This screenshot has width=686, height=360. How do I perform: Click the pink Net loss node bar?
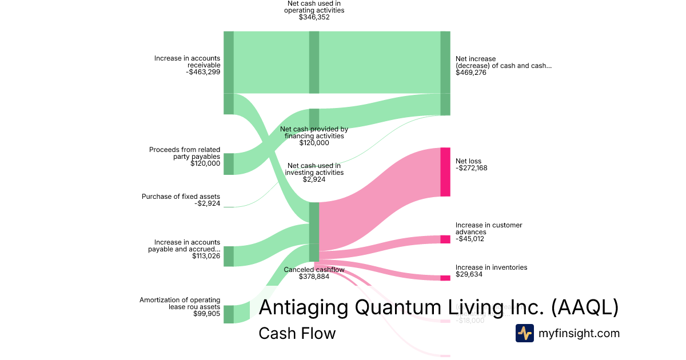445,172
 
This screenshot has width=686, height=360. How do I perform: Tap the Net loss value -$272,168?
471,169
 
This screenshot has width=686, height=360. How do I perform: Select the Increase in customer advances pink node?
445,239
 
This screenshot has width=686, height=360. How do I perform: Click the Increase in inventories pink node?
445,278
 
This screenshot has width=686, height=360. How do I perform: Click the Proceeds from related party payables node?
228,163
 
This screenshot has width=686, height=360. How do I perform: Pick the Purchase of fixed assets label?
181,197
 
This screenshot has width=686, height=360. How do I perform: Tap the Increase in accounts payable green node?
228,256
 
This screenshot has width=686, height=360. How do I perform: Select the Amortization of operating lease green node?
228,314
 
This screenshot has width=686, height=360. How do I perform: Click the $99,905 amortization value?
206,314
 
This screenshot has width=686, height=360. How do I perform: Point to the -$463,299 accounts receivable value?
203,73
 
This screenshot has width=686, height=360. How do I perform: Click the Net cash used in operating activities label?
314,6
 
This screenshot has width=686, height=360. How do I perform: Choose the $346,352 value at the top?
314,18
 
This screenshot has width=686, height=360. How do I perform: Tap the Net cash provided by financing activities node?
314,119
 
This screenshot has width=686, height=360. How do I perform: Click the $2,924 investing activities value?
314,179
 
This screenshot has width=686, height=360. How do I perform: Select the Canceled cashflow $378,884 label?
314,273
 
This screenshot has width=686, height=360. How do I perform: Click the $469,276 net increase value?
471,73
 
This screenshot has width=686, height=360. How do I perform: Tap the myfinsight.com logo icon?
524,333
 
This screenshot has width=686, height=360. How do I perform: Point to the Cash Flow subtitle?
297,333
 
